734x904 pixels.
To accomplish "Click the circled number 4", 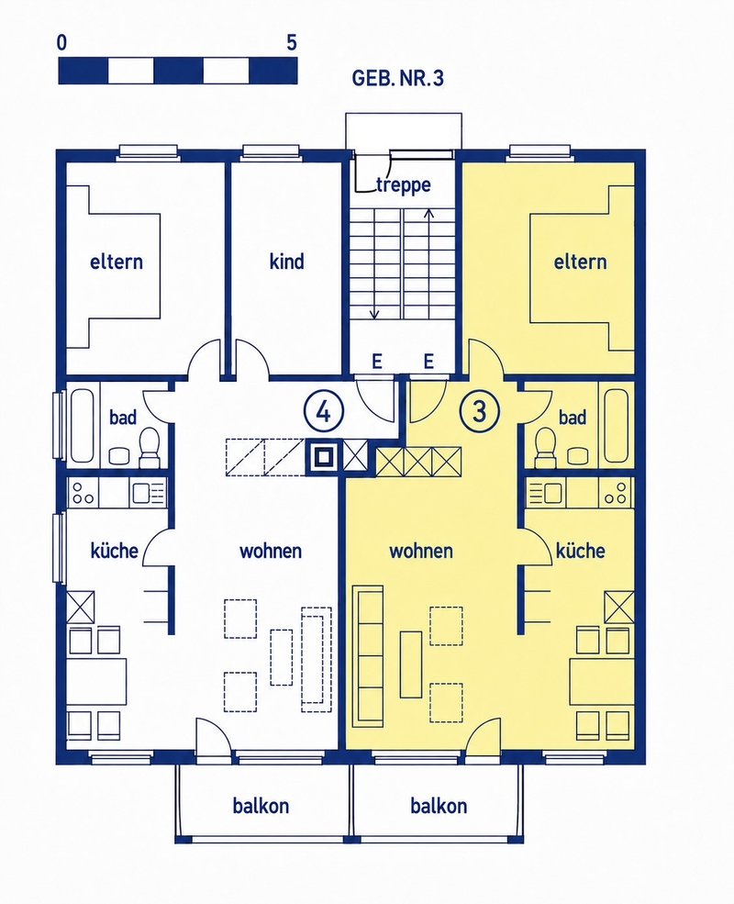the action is tap(324, 412).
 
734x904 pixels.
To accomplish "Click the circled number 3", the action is tap(479, 412).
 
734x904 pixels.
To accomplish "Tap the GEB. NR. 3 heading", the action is tap(397, 78).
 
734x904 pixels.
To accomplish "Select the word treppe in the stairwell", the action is tap(404, 185).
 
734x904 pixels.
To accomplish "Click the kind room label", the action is tap(286, 262).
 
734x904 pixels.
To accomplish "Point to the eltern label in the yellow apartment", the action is tap(580, 262).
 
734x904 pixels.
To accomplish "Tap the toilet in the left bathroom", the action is tap(150, 446).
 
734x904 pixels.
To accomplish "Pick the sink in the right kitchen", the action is tap(546, 493).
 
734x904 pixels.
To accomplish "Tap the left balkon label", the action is tap(261, 805).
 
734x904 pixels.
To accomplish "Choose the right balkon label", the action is tap(439, 805).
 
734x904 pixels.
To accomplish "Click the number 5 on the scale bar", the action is tap(292, 42).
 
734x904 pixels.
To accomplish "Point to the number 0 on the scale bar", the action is tap(62, 42).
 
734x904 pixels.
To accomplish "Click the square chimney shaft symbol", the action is tap(323, 457).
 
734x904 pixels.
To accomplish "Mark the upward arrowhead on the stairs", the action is tap(428, 213).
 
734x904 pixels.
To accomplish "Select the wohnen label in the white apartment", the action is tap(271, 551).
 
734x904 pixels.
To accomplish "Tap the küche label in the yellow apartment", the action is tap(580, 551).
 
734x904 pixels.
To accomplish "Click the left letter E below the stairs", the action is tap(377, 362).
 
